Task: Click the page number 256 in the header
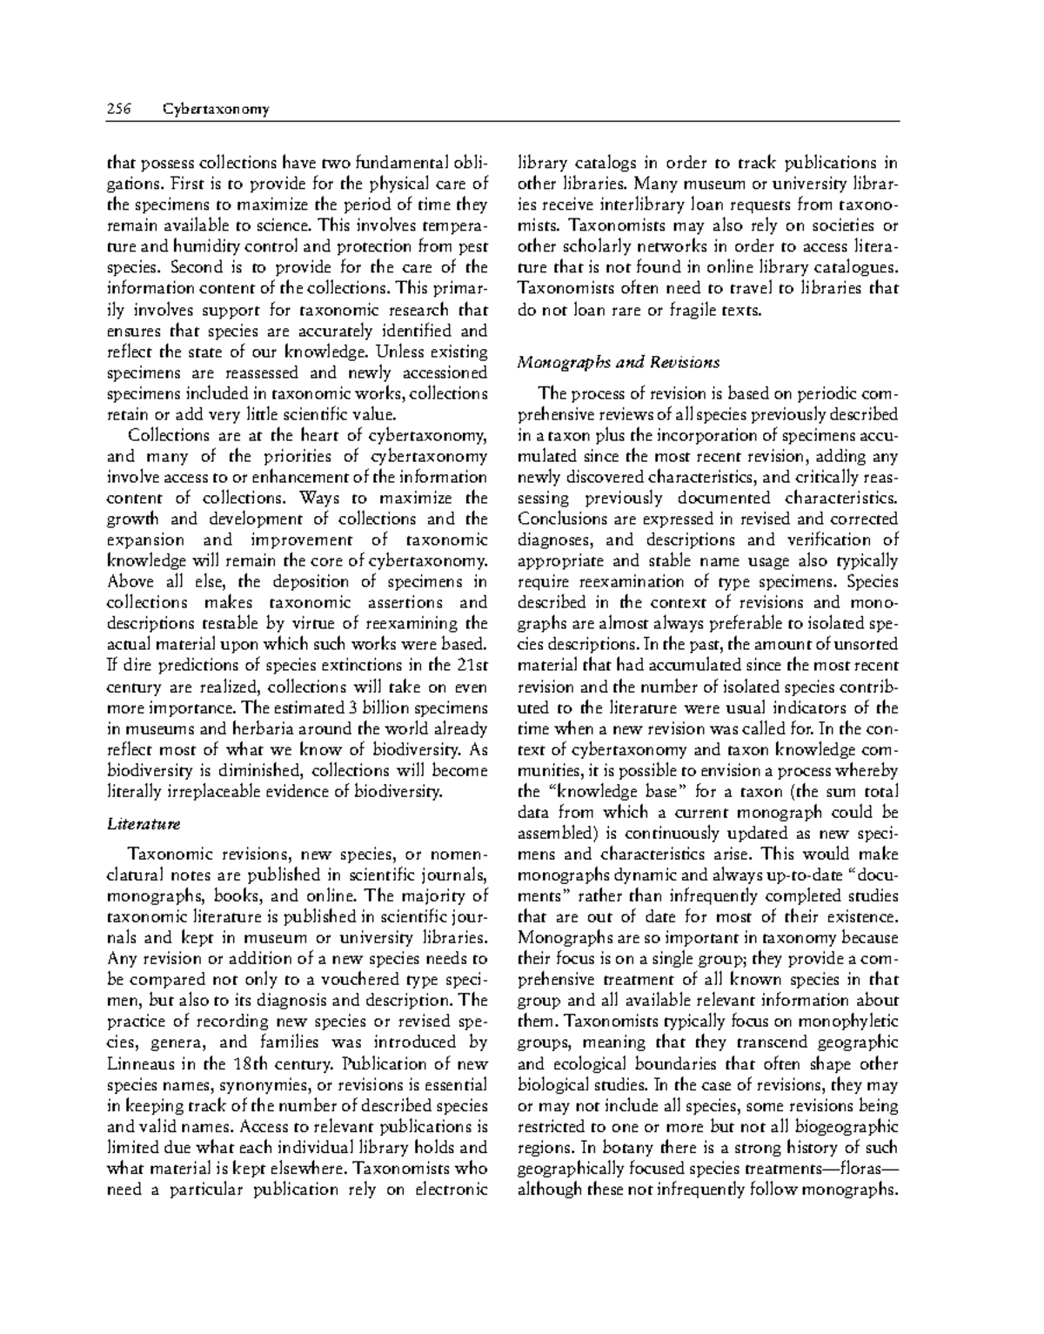[117, 109]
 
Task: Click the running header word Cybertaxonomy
[215, 109]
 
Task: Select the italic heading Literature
[131, 822]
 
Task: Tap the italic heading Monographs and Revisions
[618, 361]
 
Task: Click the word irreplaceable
[224, 791]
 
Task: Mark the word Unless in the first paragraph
[403, 352]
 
